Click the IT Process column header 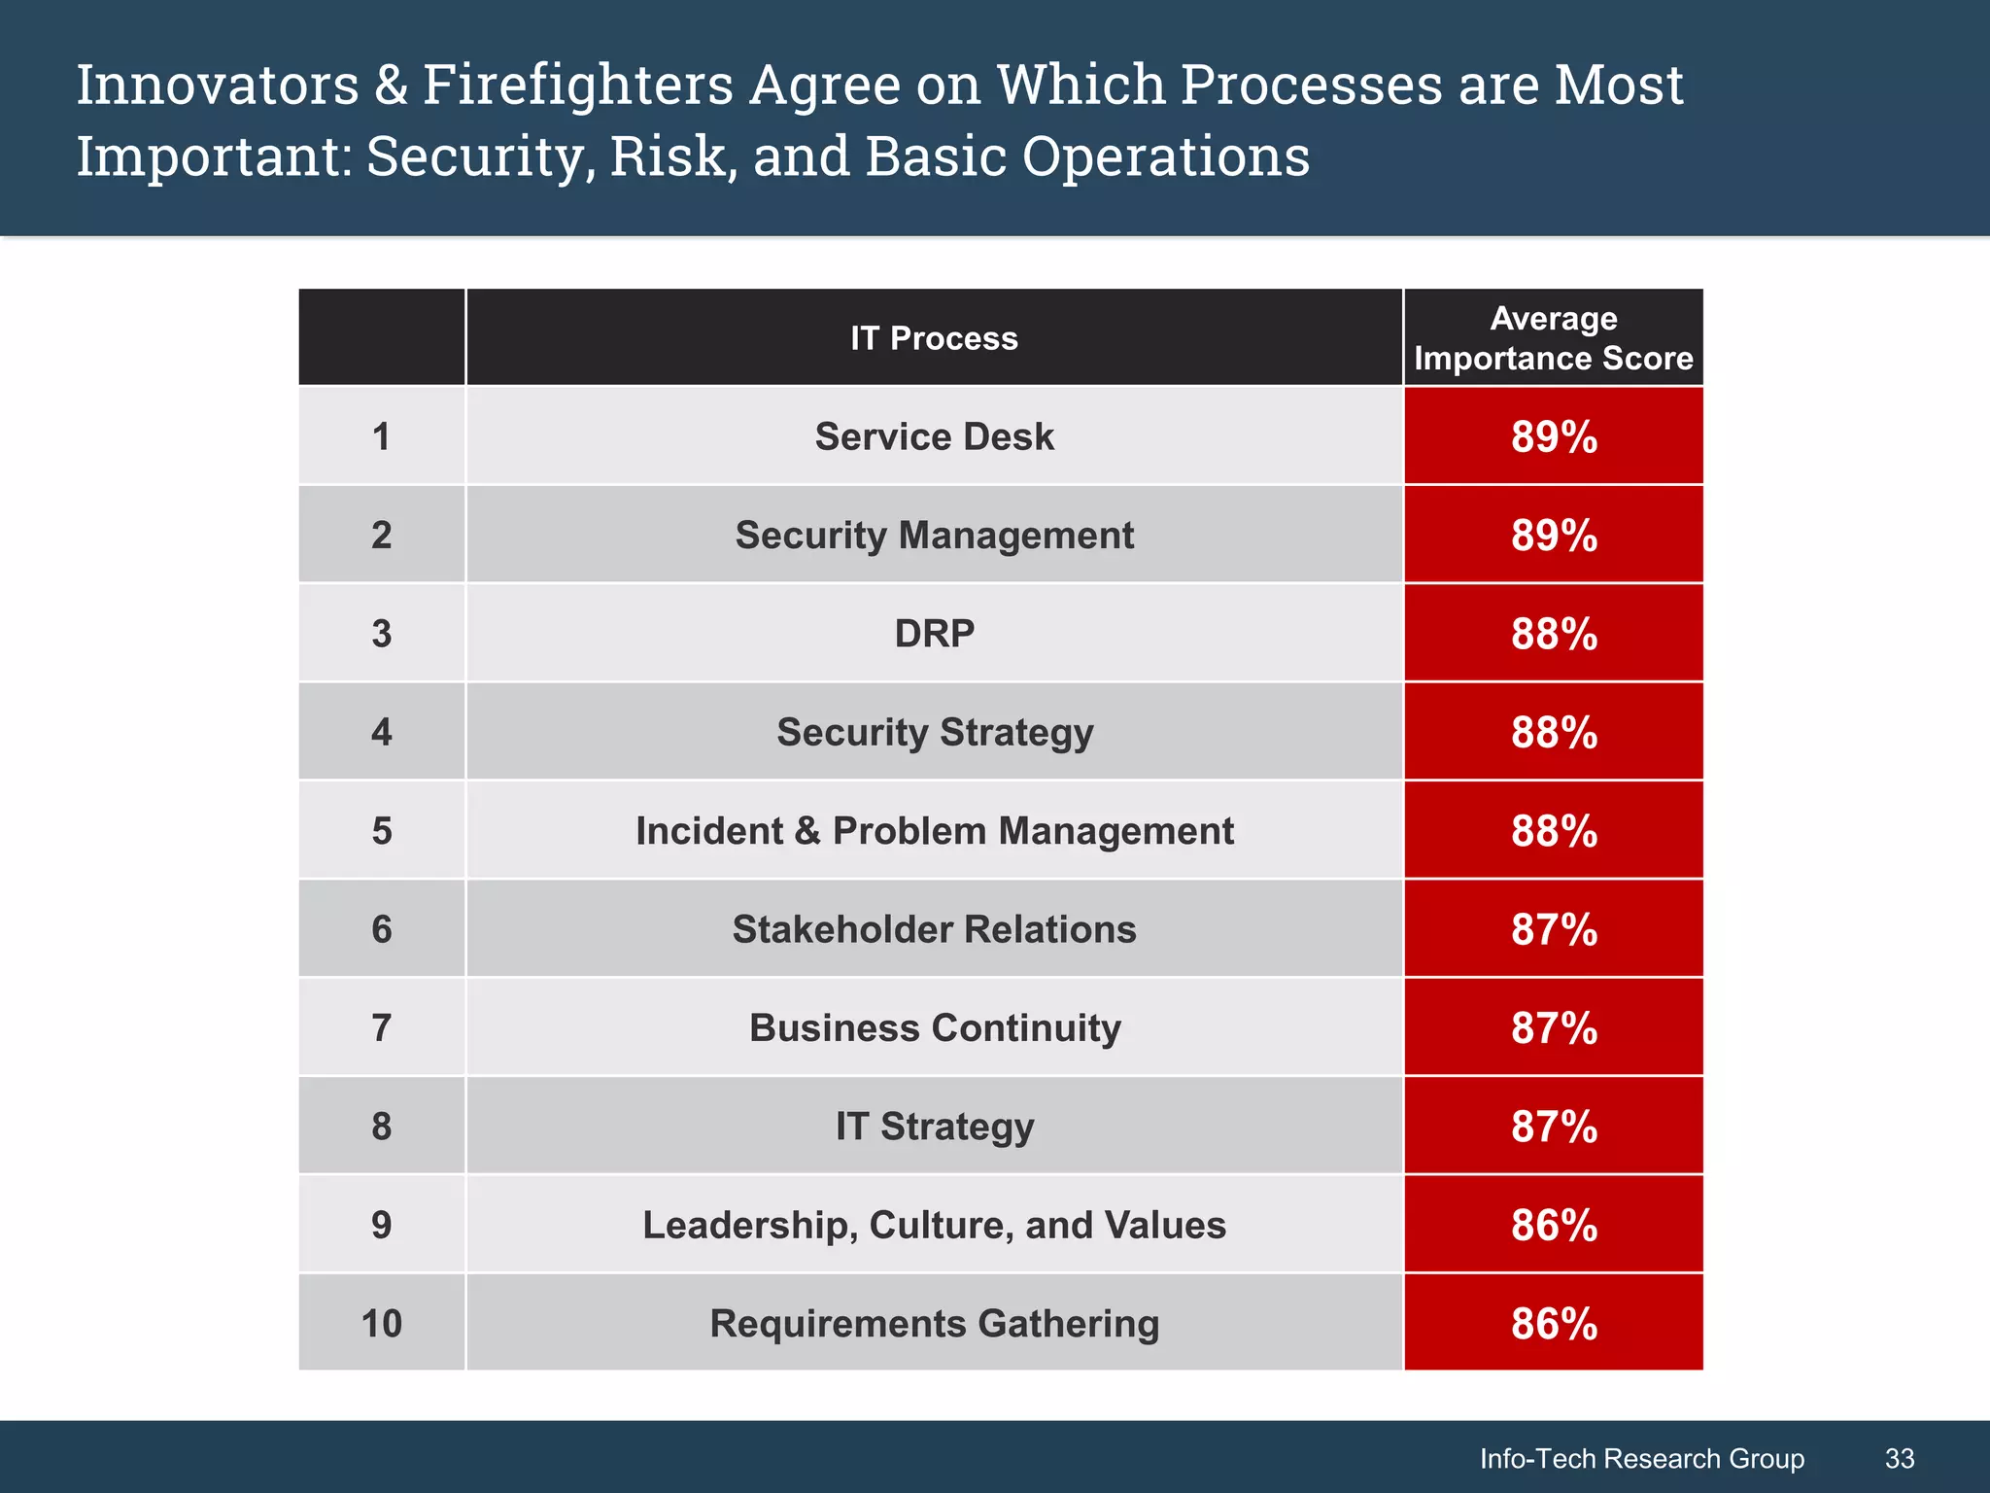934,338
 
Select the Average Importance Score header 1553,338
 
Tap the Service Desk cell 934,436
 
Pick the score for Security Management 1553,536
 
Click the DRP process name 934,634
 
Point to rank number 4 381,732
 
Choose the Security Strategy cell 934,732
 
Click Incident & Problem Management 934,831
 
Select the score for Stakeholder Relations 1553,929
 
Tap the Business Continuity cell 934,1028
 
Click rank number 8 381,1127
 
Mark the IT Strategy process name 934,1127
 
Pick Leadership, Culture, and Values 934,1225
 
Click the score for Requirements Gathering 1553,1324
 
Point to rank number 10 381,1324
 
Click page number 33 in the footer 1899,1458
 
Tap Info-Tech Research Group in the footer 1641,1458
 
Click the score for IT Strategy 1553,1127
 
